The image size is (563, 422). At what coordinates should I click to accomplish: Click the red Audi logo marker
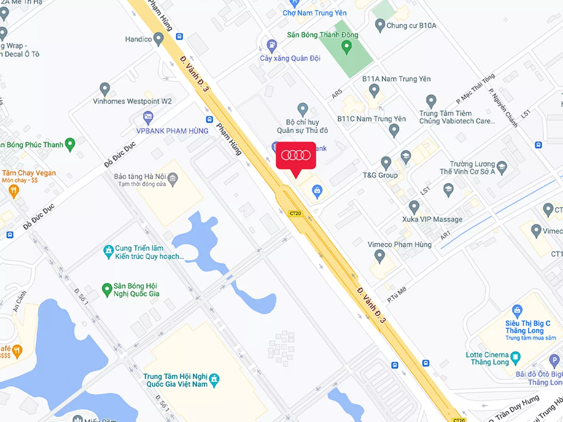click(x=296, y=155)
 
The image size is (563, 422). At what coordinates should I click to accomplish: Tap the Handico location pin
click(x=158, y=38)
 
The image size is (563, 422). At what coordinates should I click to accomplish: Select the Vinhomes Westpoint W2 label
click(x=132, y=101)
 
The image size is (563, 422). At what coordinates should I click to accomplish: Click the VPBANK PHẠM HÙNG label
click(x=172, y=131)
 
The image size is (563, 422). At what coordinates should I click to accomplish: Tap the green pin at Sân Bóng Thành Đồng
click(x=346, y=47)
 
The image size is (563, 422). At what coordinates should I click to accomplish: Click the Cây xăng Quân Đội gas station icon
click(x=272, y=45)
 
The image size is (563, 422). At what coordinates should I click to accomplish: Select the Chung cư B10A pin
click(x=380, y=25)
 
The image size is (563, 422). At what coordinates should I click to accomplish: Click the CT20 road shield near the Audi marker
click(x=295, y=213)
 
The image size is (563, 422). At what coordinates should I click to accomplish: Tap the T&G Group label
click(x=380, y=175)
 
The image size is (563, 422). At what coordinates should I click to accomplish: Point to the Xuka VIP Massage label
click(x=432, y=219)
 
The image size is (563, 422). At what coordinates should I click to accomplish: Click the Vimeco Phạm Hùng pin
click(x=380, y=256)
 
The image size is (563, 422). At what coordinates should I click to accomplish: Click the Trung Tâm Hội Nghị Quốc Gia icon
click(x=214, y=380)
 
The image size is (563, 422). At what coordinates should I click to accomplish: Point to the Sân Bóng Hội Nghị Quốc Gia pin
click(x=107, y=289)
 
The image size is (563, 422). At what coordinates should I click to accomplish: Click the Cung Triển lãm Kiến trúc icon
click(x=108, y=251)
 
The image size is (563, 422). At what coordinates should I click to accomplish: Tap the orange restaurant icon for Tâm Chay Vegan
click(x=14, y=191)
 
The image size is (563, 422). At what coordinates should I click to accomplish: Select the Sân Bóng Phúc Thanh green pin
click(x=70, y=144)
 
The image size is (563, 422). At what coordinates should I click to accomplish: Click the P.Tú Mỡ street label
click(x=397, y=295)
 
